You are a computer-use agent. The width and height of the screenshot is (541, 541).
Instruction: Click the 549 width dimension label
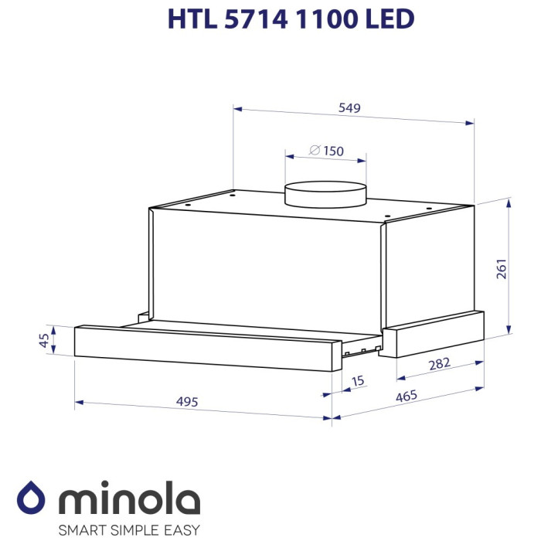[350, 108]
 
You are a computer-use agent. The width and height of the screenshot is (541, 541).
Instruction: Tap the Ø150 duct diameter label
[326, 151]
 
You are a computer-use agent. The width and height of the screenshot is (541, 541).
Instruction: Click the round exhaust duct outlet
[325, 193]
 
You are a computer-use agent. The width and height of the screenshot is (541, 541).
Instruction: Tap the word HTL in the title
[189, 19]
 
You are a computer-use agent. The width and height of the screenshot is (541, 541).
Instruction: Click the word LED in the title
[389, 19]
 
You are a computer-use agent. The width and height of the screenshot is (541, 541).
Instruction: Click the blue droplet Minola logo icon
[32, 497]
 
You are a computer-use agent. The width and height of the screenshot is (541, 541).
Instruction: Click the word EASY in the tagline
[181, 529]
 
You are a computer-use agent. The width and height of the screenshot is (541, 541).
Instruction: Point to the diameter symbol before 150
[315, 151]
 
